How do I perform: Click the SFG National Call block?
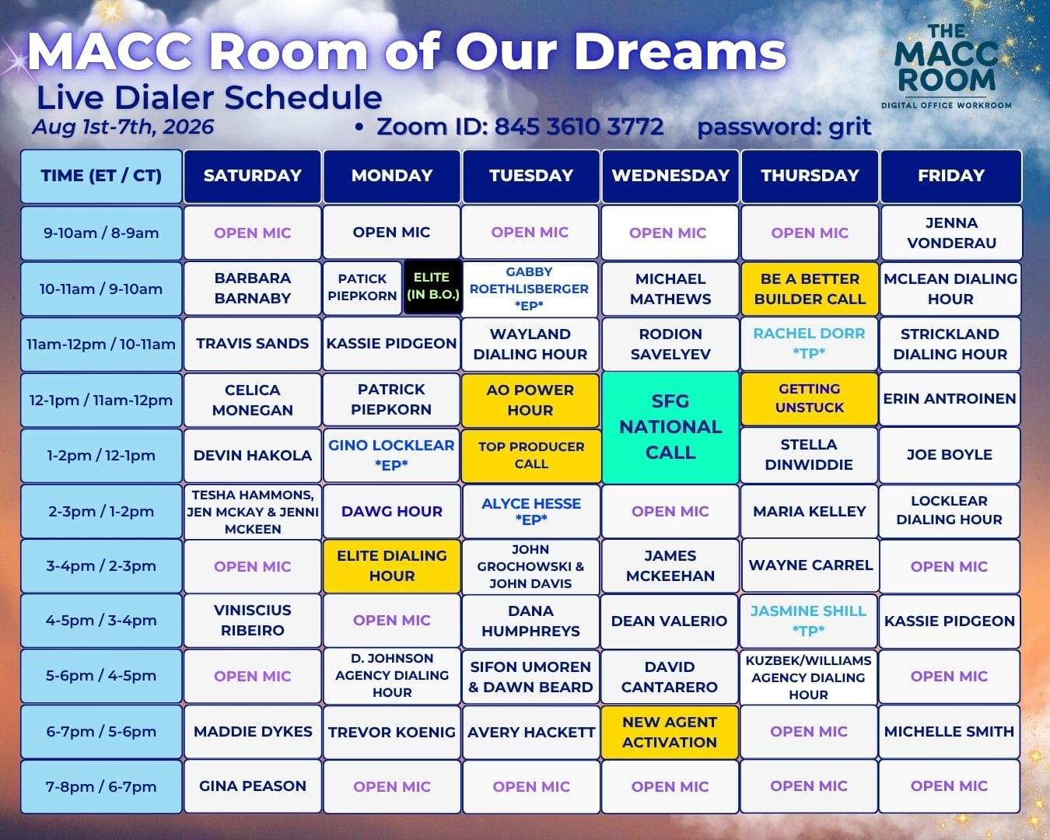coord(670,428)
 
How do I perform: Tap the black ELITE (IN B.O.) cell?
coord(432,287)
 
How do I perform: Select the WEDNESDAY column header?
coord(670,176)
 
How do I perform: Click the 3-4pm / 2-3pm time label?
coord(101,566)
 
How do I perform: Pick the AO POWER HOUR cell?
coord(530,401)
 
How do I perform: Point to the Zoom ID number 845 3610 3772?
coord(579,127)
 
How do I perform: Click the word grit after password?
coord(849,128)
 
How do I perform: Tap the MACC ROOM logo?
coord(946,66)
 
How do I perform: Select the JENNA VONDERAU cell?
coord(951,233)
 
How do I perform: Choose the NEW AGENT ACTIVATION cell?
coord(670,732)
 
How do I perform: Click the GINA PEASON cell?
coord(252,786)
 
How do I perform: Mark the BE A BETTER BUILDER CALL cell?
coord(810,289)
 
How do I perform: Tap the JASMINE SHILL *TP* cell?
coord(808,621)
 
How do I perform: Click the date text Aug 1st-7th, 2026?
coord(123,128)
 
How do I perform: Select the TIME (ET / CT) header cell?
coord(101,176)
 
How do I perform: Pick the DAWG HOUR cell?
coord(392,511)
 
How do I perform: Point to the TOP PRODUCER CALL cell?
coord(531,455)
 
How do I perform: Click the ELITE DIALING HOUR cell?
coord(392,566)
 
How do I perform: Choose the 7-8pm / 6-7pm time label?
coord(101,787)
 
